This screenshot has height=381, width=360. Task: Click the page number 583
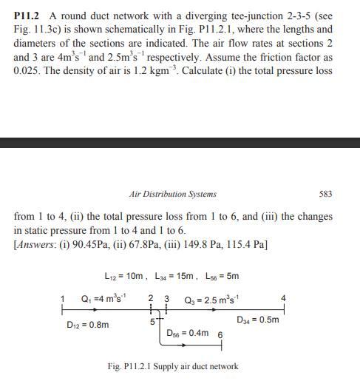coord(325,194)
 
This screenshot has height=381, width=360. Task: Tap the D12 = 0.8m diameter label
coord(88,325)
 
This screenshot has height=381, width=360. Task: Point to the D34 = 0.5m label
coord(258,320)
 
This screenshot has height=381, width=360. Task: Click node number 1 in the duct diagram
coord(63,299)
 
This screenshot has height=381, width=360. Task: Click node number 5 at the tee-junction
coord(152,322)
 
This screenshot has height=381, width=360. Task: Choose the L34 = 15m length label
coord(175,277)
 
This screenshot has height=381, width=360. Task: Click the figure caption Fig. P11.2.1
coord(173,366)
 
